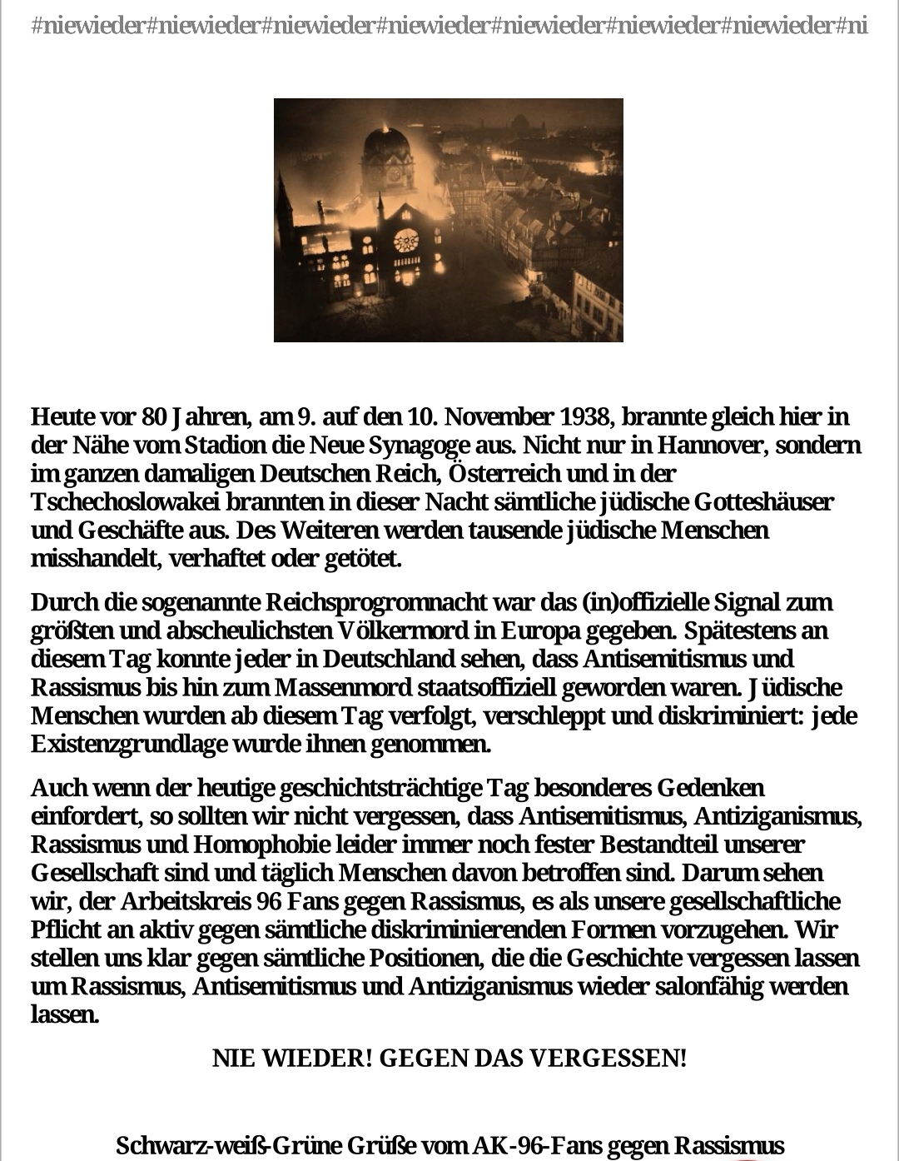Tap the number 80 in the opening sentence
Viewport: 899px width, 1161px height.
[155, 416]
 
